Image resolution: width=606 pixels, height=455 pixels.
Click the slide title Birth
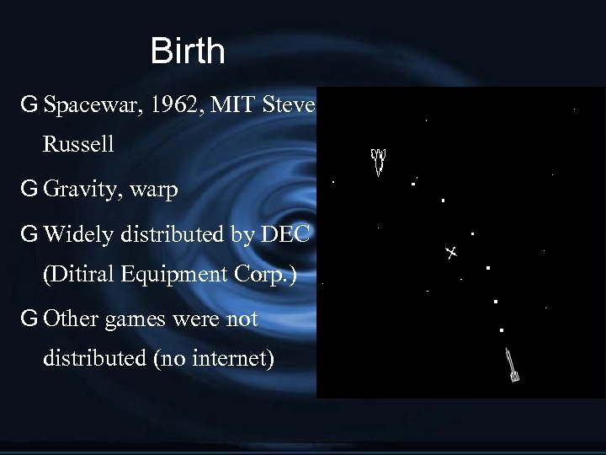[x=188, y=52]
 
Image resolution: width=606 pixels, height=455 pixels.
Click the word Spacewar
[x=82, y=106]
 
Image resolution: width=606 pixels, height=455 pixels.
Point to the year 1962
[x=156, y=106]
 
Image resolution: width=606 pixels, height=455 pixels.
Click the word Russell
[x=78, y=144]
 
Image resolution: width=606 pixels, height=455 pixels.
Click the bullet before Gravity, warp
[x=29, y=190]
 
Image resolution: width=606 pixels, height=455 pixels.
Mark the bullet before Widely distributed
[x=29, y=234]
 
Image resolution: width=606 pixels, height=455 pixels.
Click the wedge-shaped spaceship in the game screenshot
[x=379, y=160]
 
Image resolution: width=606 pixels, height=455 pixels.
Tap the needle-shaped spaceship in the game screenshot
[x=511, y=364]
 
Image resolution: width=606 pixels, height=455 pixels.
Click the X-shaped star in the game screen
[x=451, y=252]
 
